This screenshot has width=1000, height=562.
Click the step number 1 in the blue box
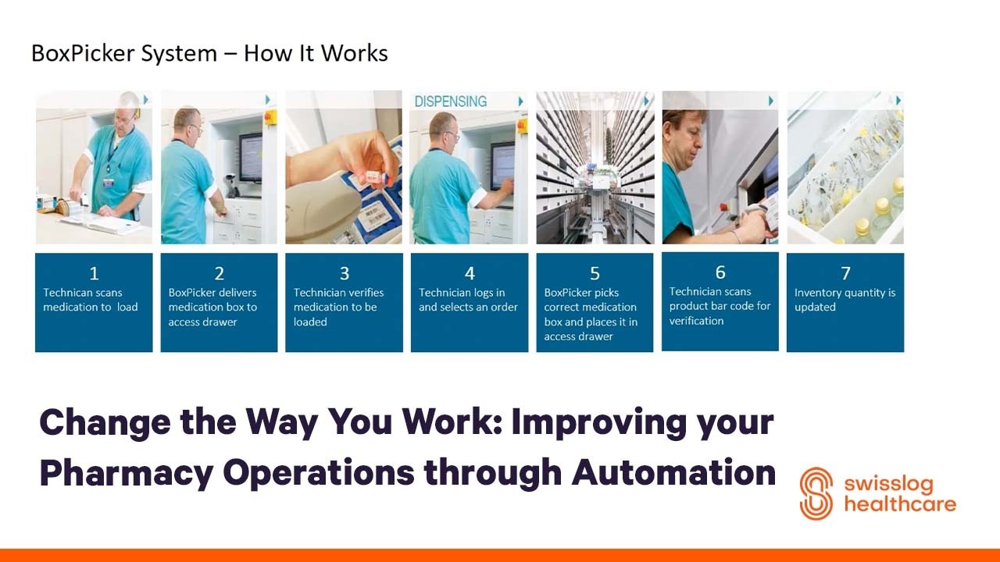click(94, 273)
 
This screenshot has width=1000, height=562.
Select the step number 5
click(595, 273)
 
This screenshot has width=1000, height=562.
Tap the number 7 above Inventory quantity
click(845, 273)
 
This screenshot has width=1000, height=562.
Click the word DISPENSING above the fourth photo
click(450, 101)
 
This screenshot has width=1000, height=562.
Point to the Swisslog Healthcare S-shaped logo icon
click(816, 493)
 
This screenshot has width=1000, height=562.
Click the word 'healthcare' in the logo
click(899, 504)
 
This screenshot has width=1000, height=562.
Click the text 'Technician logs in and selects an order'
click(468, 300)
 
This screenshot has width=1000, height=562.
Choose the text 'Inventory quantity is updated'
click(845, 300)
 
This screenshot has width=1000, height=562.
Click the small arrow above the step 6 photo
click(771, 101)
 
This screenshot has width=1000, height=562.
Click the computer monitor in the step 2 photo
click(250, 156)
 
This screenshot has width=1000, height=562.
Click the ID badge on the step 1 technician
click(109, 181)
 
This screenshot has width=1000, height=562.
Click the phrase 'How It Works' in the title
click(316, 53)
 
